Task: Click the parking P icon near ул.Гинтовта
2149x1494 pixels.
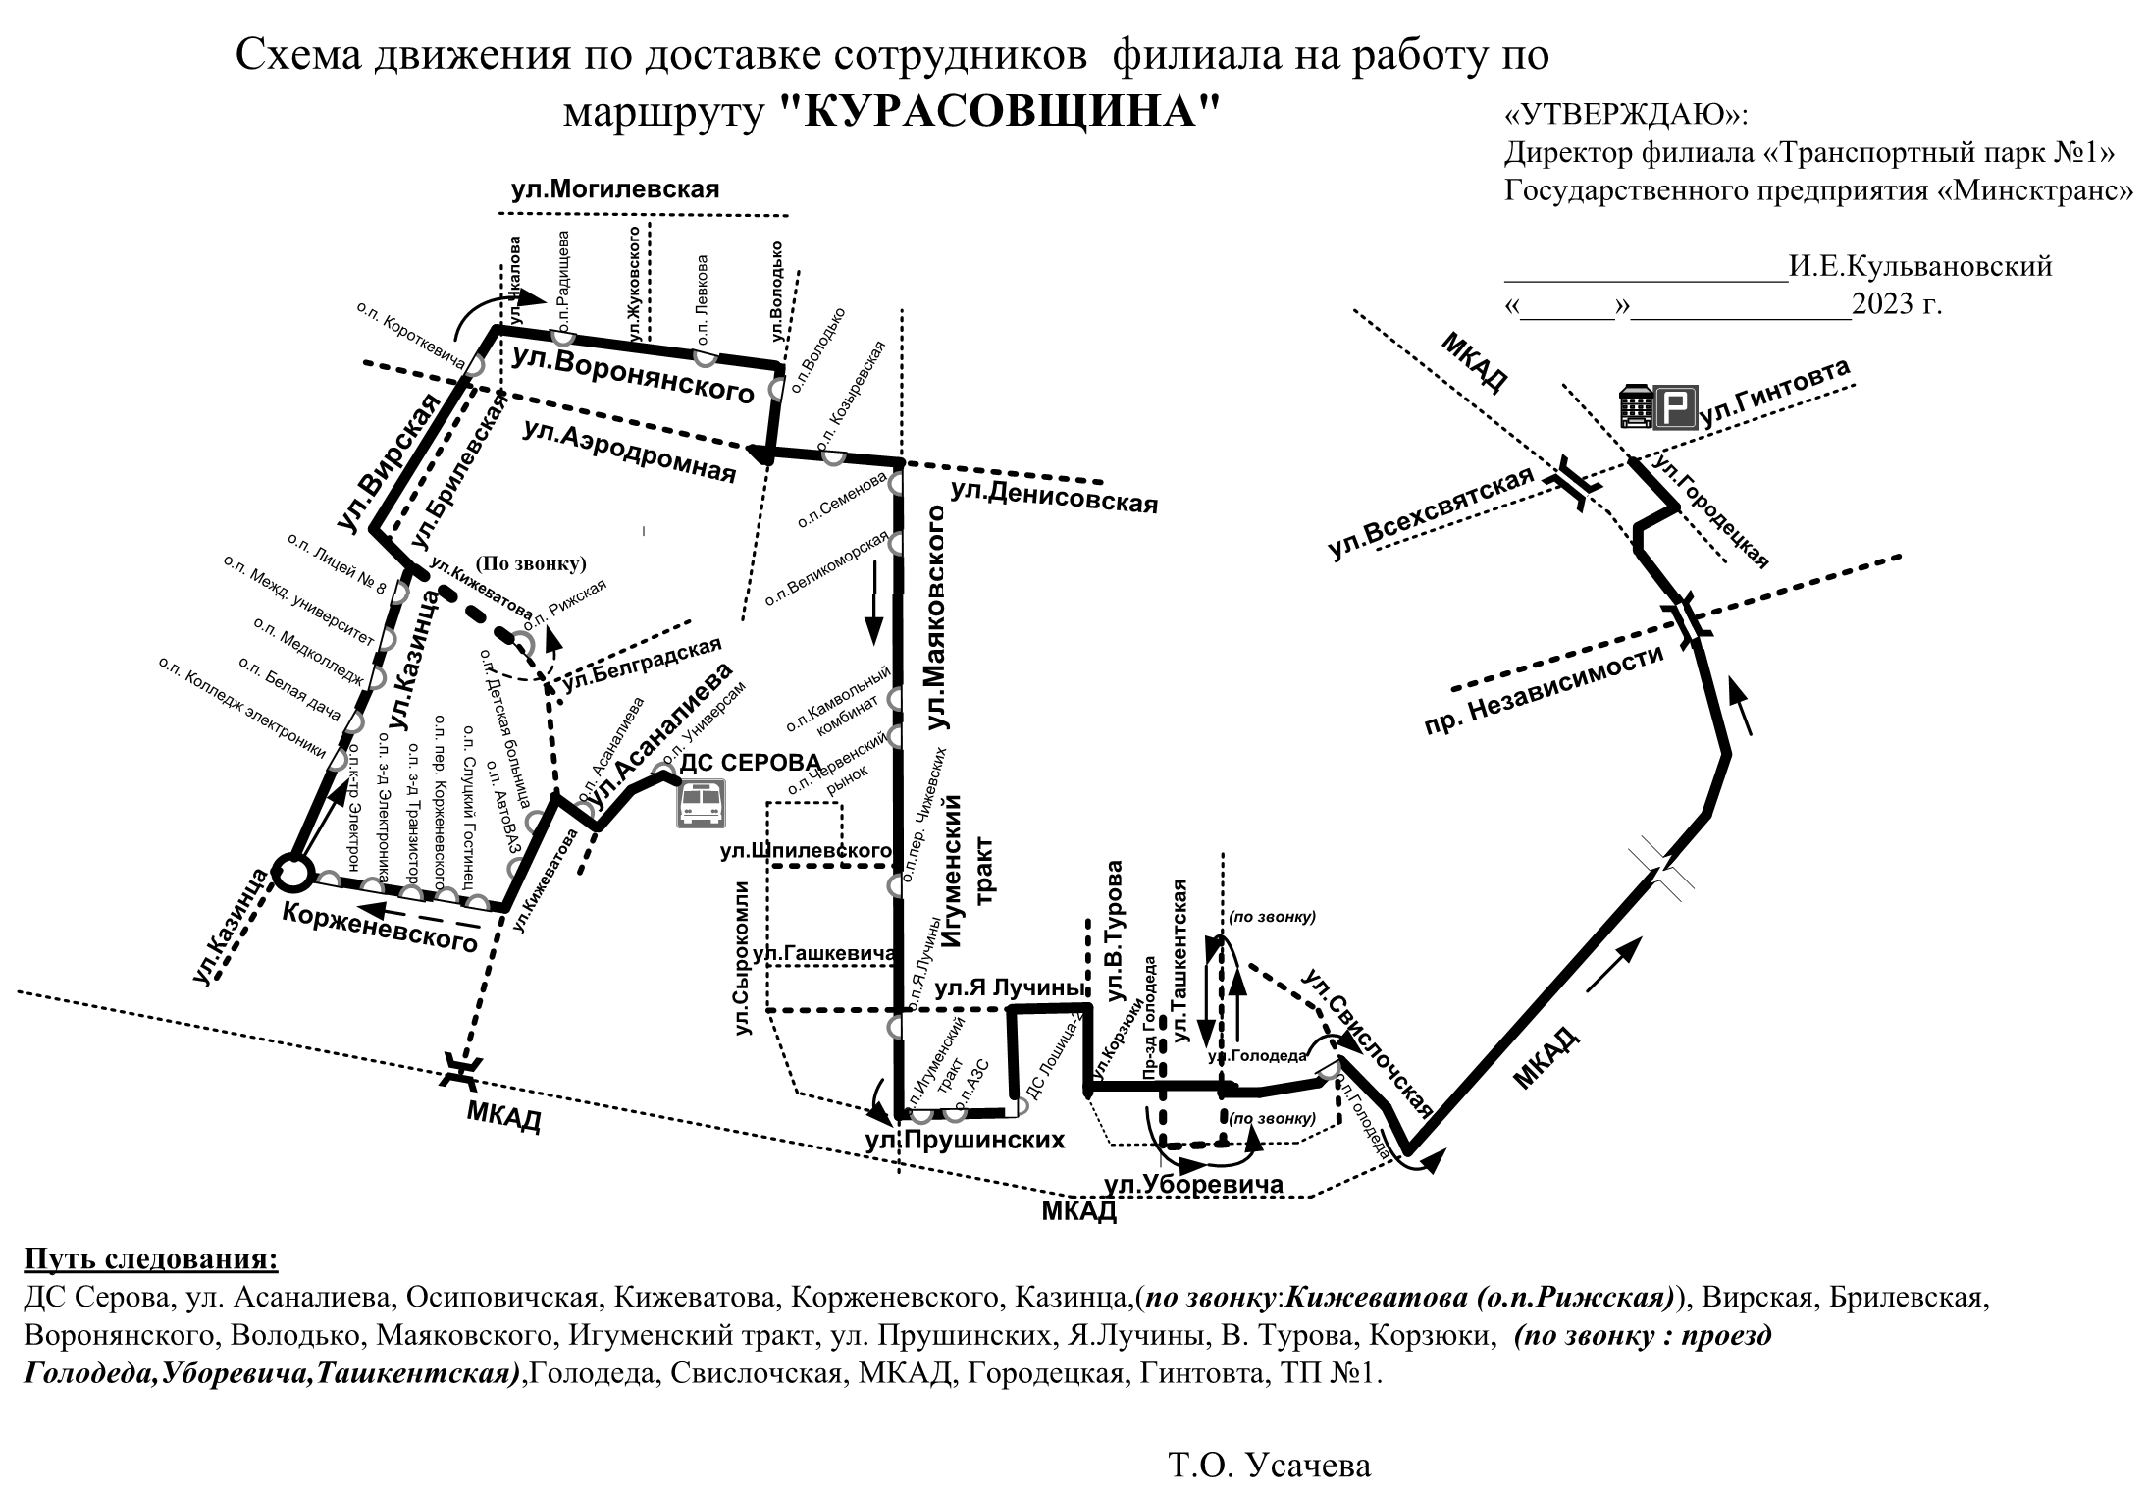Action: (1676, 407)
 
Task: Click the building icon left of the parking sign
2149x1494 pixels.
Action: (1636, 405)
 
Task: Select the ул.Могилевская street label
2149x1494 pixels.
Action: (615, 189)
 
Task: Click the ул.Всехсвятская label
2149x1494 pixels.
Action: (1431, 514)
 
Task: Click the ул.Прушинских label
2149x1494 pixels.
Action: (965, 1140)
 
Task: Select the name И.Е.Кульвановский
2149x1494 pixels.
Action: (1920, 266)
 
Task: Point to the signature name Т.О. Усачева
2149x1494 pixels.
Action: (1269, 1467)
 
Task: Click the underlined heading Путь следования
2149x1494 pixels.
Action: (151, 1258)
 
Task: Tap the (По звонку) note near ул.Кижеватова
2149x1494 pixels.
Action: (531, 563)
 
